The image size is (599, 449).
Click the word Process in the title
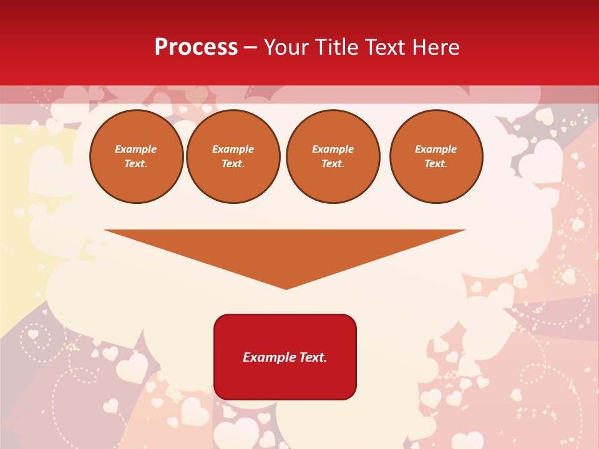click(x=196, y=47)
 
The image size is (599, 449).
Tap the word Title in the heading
click(x=338, y=47)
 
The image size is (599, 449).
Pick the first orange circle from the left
click(x=136, y=157)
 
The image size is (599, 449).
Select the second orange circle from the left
click(x=233, y=157)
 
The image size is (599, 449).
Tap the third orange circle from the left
click(x=333, y=157)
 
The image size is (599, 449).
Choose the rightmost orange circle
click(x=436, y=157)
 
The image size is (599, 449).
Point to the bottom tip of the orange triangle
click(x=286, y=288)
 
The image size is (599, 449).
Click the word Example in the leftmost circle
click(x=136, y=150)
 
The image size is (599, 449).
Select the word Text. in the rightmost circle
click(x=436, y=164)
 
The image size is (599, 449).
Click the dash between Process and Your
click(x=251, y=47)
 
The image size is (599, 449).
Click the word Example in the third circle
click(x=333, y=150)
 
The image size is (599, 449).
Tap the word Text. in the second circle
click(x=233, y=164)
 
